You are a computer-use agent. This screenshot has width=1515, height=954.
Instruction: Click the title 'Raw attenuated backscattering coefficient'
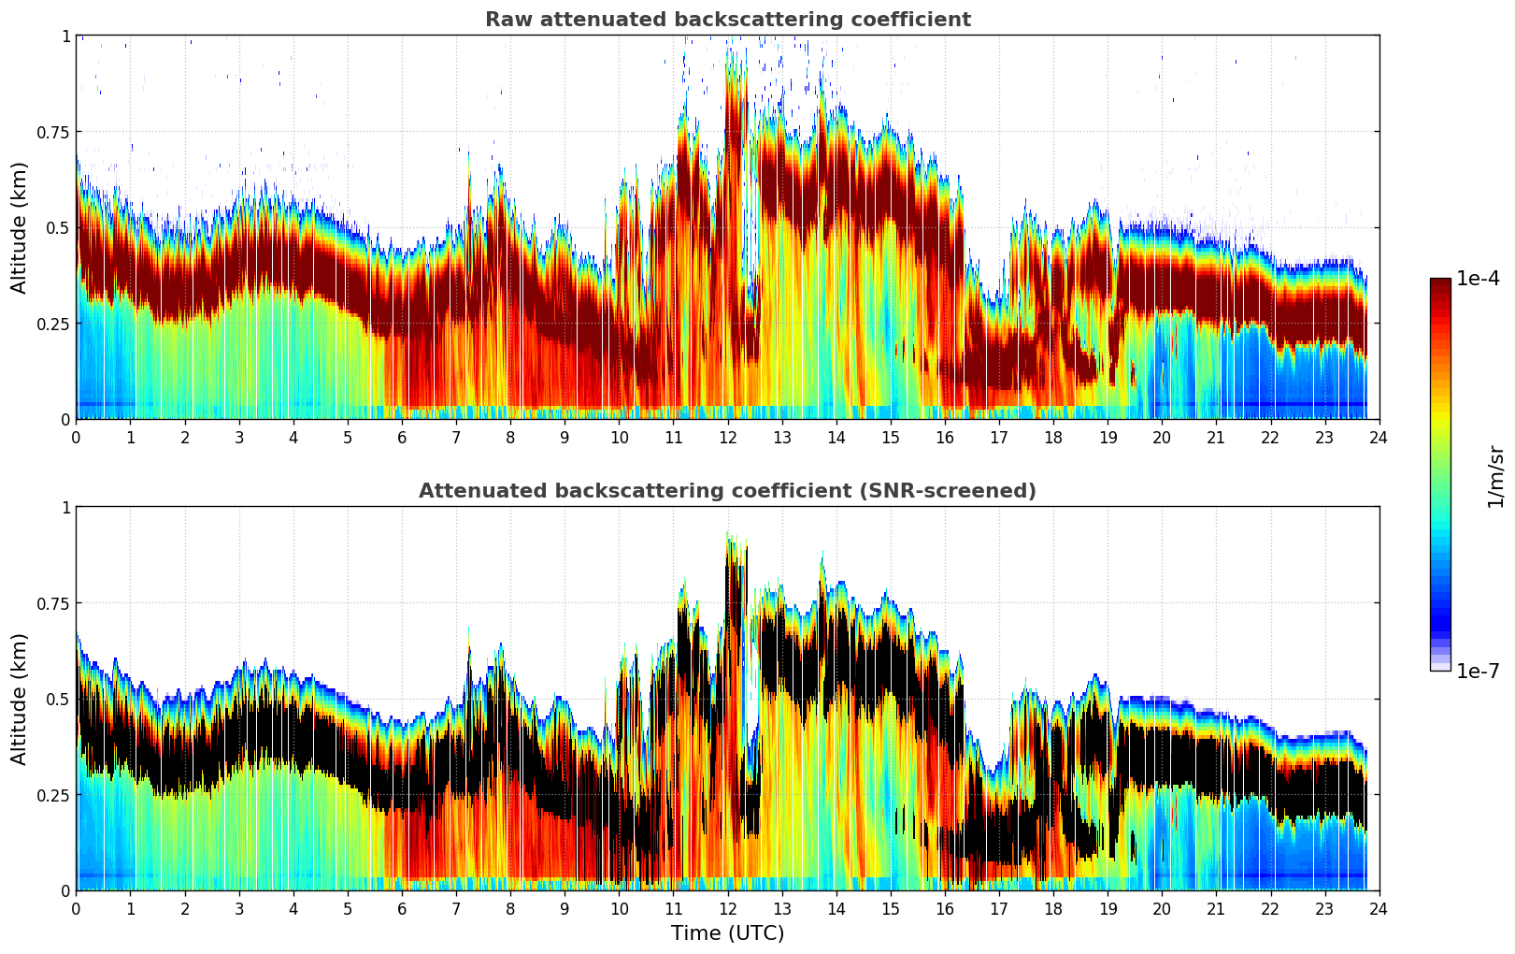coord(727,20)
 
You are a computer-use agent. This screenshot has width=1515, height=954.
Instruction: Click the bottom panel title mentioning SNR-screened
coord(727,491)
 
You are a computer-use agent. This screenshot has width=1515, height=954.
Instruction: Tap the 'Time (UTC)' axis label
coord(727,933)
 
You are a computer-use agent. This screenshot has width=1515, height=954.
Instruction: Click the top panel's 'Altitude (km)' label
coord(20,227)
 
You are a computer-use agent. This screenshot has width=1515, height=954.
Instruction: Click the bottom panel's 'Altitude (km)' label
coord(20,699)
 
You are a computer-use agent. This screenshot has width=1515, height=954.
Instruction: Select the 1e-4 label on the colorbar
coord(1478,279)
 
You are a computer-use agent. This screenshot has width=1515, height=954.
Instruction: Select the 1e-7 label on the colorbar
coord(1478,671)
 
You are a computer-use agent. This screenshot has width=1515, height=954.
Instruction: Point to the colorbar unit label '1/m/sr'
coord(1495,476)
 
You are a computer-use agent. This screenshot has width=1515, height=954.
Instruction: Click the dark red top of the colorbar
coord(1439,284)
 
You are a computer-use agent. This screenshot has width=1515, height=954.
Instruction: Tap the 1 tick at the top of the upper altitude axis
coord(65,36)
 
